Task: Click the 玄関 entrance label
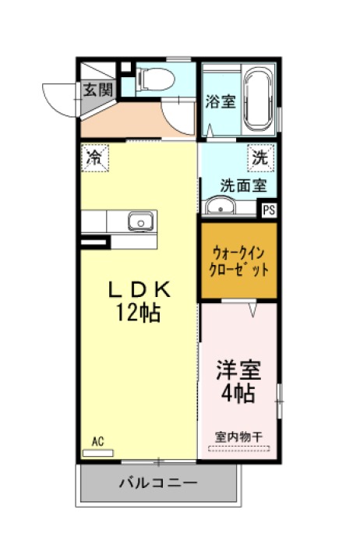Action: click(98, 90)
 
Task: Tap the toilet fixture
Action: click(156, 79)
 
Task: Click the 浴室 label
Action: click(221, 101)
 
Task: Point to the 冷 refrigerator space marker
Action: click(95, 158)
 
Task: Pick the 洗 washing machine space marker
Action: click(260, 158)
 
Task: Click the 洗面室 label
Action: click(243, 186)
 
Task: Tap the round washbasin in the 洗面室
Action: click(221, 206)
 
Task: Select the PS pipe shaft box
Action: click(269, 210)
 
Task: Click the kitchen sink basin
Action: click(140, 221)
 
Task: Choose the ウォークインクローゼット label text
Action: click(238, 261)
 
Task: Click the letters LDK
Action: click(139, 289)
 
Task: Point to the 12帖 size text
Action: click(139, 312)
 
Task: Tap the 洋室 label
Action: click(238, 369)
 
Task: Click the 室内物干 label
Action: click(238, 437)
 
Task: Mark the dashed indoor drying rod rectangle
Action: click(239, 448)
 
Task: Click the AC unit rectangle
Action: click(98, 453)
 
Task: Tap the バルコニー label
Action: click(158, 483)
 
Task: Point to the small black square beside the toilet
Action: click(125, 67)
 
